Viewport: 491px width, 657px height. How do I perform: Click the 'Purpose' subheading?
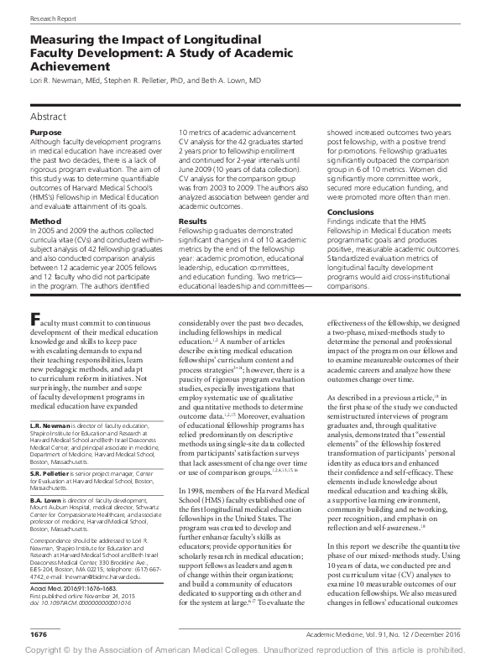point(45,133)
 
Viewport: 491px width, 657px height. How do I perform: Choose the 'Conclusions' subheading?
point(350,212)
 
